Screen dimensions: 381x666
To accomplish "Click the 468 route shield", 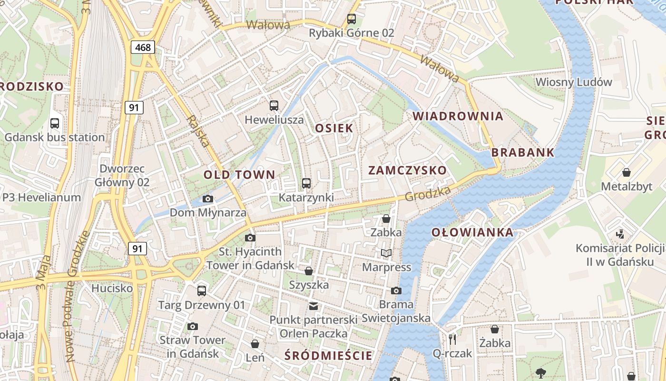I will coord(143,47).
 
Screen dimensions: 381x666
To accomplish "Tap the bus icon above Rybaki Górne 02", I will coord(352,19).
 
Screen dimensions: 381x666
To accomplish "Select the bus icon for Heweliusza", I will coord(274,106).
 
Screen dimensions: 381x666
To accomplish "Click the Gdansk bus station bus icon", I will coord(55,123).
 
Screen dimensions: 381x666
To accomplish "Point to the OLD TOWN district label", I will coord(239,175).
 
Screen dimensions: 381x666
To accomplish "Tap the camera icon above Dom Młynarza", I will coord(208,199).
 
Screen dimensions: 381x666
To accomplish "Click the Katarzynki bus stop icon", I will coord(306,183).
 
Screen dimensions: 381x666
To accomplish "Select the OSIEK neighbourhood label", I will coord(334,128).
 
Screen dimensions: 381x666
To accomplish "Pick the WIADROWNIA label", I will coord(458,116).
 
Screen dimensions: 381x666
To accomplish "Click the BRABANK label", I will coord(523,153).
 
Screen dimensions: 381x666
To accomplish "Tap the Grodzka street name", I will coord(428,194).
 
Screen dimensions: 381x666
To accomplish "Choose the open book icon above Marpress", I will coord(386,253).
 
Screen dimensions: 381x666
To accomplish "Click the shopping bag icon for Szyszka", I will coord(309,271).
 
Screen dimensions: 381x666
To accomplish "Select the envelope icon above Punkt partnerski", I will coord(313,306).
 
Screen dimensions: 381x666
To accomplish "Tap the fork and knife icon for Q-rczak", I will coord(452,339).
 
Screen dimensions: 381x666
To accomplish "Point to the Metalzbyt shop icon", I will coord(627,172).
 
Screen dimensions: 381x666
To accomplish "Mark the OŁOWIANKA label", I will coord(472,232).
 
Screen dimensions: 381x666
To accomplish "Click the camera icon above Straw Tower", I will coord(192,326).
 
